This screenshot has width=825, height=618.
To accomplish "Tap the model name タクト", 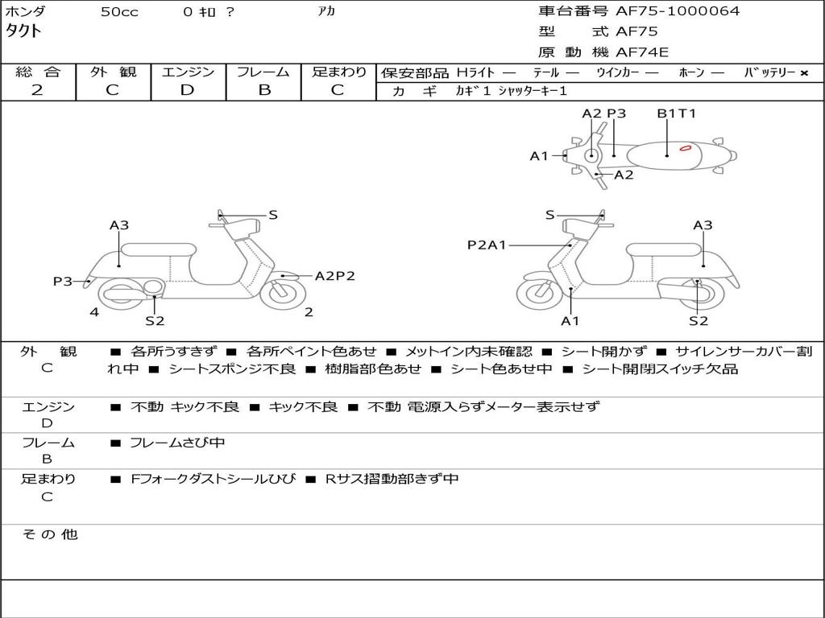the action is (x=24, y=31).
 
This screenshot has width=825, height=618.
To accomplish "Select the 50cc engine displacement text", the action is (x=119, y=12).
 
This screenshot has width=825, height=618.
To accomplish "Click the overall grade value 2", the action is (x=37, y=90).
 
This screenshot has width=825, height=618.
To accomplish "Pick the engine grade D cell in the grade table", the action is (x=187, y=90).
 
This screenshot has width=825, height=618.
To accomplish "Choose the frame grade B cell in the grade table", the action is (x=264, y=90).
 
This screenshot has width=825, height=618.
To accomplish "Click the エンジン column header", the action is (x=188, y=72).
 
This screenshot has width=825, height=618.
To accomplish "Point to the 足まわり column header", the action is (x=338, y=72).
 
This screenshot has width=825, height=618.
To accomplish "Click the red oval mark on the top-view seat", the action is (x=686, y=148).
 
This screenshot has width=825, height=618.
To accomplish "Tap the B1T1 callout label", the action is (x=676, y=113).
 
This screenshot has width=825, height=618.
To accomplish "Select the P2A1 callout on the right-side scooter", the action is (x=487, y=245).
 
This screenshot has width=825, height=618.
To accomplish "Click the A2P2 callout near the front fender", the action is (x=334, y=276).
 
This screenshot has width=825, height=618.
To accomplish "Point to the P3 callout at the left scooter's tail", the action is (x=63, y=282).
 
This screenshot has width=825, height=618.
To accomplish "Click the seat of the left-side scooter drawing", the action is (x=157, y=249).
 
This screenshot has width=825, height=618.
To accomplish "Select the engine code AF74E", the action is (x=642, y=53).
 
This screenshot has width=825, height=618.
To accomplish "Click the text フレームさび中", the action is (x=177, y=443).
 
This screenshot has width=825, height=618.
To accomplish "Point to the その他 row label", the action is (x=49, y=534).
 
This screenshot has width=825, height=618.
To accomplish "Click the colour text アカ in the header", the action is (x=326, y=12).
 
